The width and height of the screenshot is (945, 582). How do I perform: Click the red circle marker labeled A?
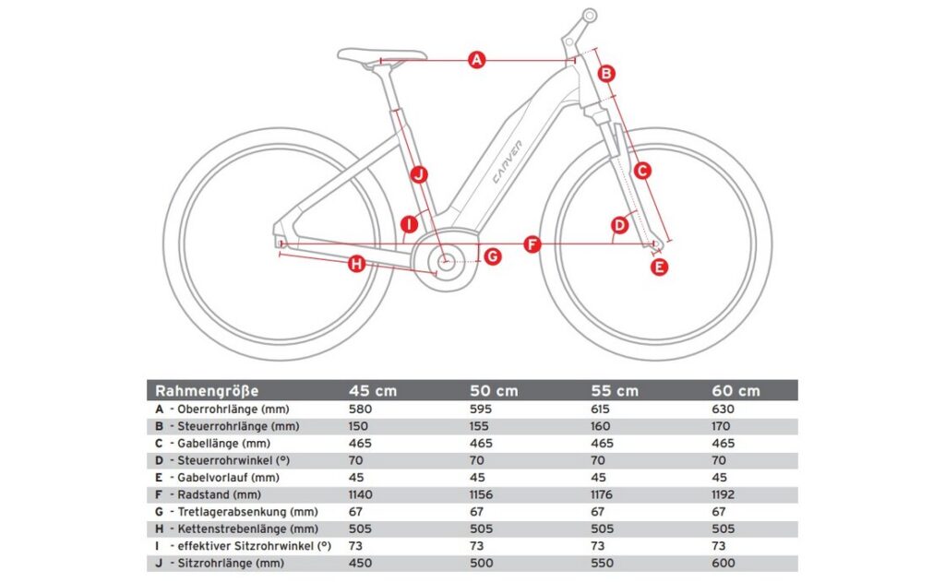coord(476,61)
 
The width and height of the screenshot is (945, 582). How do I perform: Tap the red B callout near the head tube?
coord(606,73)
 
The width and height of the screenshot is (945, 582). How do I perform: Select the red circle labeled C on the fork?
coord(643,170)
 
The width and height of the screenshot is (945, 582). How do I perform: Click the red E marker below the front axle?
coord(659,267)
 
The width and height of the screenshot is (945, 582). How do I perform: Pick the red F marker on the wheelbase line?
coord(532,244)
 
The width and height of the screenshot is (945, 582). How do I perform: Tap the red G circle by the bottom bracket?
coord(493,256)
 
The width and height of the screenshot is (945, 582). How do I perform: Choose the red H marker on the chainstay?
coord(356,265)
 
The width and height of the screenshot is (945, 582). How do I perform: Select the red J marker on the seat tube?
coord(418,173)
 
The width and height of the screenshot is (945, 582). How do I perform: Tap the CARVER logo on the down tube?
coord(508,161)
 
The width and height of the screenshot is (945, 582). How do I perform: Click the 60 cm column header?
coord(736,391)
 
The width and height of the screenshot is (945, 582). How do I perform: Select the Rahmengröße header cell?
coord(207,390)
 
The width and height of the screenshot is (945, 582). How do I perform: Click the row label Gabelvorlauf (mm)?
coord(221,477)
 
